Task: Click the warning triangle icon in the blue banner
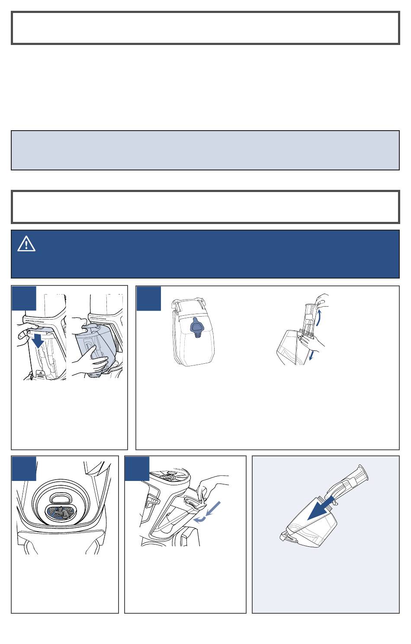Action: (26, 245)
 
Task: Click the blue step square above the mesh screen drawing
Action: (24, 468)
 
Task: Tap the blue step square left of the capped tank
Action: (149, 298)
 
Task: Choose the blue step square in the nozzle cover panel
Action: (137, 468)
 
